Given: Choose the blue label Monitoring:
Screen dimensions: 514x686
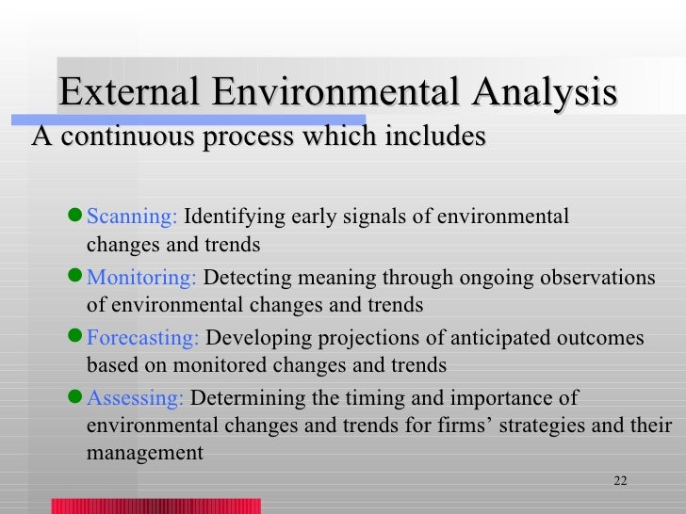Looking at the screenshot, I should pos(141,279).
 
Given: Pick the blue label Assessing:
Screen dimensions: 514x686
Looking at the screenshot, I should pos(135,398).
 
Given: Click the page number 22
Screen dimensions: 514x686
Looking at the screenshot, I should pos(619,481).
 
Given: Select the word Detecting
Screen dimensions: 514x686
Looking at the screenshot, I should pos(241,279).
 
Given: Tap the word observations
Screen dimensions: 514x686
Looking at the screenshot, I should pos(597,279).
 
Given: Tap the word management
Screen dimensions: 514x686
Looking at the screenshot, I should pos(144,453).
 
